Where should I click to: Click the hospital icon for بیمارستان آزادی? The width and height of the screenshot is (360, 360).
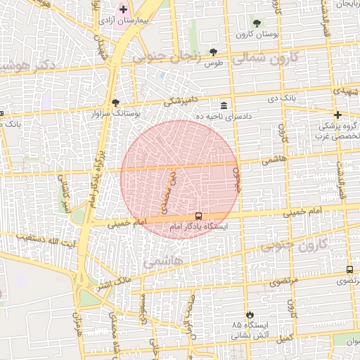coord(124,10)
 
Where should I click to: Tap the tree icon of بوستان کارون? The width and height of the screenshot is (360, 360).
coord(256,23)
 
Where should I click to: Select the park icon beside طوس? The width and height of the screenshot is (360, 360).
coord(214,52)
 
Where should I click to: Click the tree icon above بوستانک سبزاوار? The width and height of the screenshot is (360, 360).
coord(116,102)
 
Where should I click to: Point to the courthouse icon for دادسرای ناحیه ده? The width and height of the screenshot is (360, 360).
coord(224,104)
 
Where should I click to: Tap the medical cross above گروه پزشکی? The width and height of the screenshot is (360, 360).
coord(338,115)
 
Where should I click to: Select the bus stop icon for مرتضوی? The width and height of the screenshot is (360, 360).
coord(349,270)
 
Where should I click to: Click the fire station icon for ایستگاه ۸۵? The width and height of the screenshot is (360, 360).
coord(248,314)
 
